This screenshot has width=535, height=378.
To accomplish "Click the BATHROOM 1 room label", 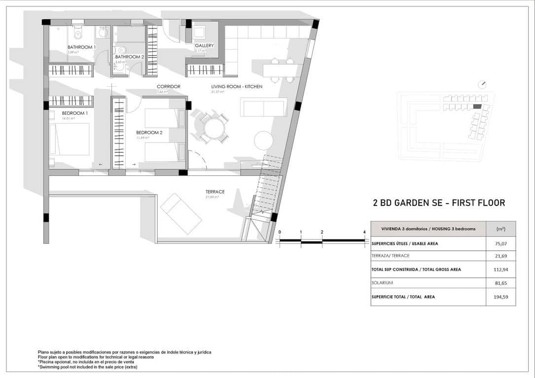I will pos(81,47).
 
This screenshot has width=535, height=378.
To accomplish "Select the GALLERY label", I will pos(204,46).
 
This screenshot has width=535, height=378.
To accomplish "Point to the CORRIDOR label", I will pos(169,87).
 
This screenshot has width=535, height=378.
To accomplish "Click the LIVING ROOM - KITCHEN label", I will pos(237,87).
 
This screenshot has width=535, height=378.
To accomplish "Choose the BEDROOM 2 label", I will pos(149,133).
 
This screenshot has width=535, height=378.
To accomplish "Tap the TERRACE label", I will pos(215,192).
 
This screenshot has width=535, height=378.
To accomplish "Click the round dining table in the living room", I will pos(214,129).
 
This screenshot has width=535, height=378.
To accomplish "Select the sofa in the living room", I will pos(263,107).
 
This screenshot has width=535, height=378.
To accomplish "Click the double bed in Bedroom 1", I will pos(70,139).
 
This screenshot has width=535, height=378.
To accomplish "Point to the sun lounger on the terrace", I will pos(180,213).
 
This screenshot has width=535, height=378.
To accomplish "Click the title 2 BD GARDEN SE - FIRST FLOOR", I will pos(439,203).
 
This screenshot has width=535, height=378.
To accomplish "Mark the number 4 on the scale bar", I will pos(364,232).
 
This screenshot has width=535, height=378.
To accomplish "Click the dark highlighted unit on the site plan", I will pos(477,106).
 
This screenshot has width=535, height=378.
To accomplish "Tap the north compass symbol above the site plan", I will pos(483,84).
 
